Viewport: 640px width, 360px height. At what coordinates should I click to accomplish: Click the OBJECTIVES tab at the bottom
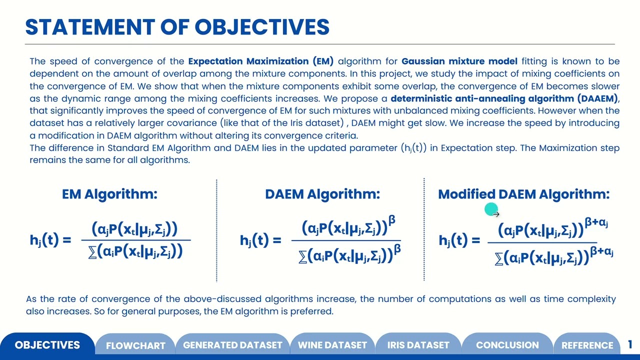click(47, 345)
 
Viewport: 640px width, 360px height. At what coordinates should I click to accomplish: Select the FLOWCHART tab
click(135, 345)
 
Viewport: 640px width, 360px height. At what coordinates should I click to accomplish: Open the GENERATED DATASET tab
click(232, 345)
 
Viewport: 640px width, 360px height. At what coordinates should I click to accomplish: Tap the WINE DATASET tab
click(332, 345)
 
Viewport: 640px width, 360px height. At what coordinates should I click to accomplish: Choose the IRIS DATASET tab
click(418, 345)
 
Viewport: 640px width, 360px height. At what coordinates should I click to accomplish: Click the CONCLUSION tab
click(507, 345)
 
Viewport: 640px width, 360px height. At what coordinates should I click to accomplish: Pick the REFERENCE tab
click(587, 345)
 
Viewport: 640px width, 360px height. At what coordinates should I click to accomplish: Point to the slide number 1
click(630, 344)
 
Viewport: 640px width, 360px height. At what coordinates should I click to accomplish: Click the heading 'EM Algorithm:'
click(109, 194)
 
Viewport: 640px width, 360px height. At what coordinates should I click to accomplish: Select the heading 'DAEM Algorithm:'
click(322, 194)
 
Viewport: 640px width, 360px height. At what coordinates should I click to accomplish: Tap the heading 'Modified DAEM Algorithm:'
click(523, 194)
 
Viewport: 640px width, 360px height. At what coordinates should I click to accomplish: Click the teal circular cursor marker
click(490, 210)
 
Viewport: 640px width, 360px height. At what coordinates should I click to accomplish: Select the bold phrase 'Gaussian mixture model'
click(459, 61)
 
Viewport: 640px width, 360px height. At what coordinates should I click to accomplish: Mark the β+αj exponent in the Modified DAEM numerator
click(598, 223)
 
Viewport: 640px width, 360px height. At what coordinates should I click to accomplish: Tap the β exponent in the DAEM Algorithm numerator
click(392, 220)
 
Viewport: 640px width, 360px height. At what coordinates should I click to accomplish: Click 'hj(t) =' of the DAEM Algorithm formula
click(260, 241)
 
